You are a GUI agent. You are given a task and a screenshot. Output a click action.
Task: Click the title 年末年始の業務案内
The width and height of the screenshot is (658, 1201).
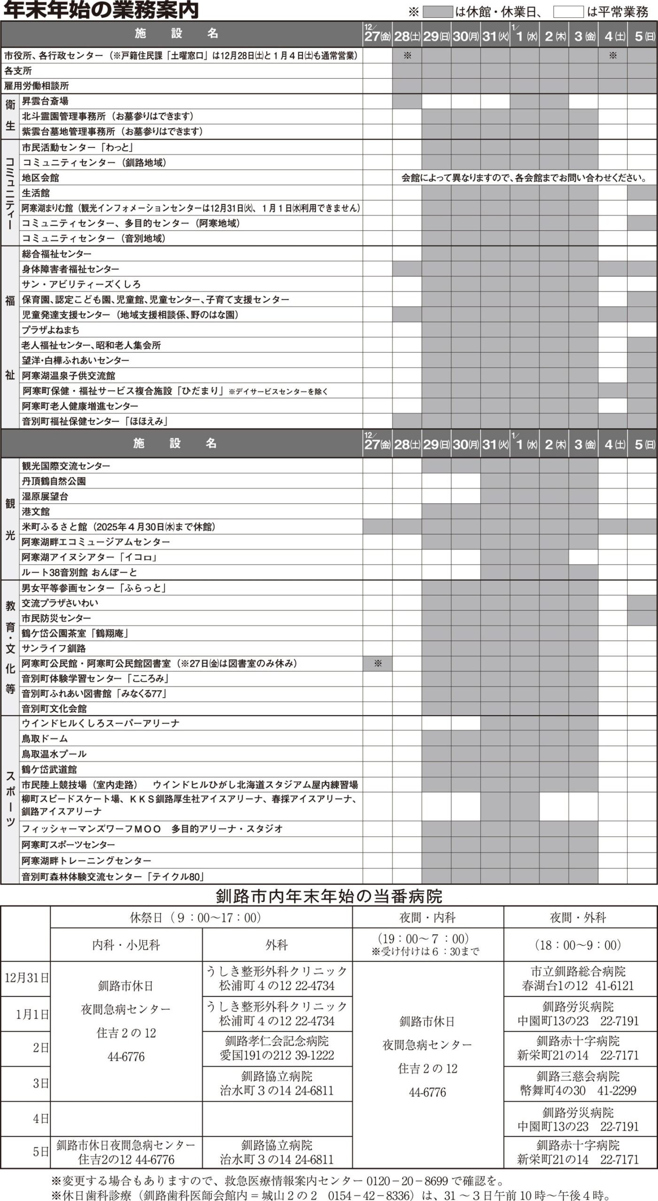click(x=101, y=10)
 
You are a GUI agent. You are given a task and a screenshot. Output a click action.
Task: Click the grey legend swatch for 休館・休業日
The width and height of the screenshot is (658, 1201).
click(x=437, y=12)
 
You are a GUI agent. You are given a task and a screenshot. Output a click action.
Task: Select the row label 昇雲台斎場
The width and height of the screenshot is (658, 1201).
click(x=45, y=101)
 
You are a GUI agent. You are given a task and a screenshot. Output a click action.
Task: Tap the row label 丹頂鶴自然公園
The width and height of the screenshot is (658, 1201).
click(x=54, y=481)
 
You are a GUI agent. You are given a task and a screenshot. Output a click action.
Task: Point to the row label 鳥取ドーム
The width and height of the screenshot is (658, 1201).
click(x=45, y=738)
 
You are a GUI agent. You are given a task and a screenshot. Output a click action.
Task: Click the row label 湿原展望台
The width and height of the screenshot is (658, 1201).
click(x=45, y=496)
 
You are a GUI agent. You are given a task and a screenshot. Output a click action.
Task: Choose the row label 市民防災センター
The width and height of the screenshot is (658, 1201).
click(x=56, y=618)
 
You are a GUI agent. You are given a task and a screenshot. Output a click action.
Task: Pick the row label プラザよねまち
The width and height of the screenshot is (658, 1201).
click(x=50, y=330)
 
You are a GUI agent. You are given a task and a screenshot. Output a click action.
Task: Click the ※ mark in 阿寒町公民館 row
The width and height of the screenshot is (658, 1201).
click(x=378, y=663)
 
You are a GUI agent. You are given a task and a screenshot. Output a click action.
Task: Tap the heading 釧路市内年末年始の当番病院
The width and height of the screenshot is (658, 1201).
click(x=329, y=897)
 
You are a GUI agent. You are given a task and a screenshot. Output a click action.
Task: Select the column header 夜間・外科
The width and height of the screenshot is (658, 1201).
click(x=580, y=918)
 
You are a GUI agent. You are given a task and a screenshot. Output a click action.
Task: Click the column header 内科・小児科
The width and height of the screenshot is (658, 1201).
click(x=126, y=945)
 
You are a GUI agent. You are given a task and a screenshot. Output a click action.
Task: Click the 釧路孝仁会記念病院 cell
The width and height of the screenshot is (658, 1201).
click(x=277, y=1048)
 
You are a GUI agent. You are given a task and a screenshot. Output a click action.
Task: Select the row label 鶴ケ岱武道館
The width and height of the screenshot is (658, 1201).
click(x=49, y=769)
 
